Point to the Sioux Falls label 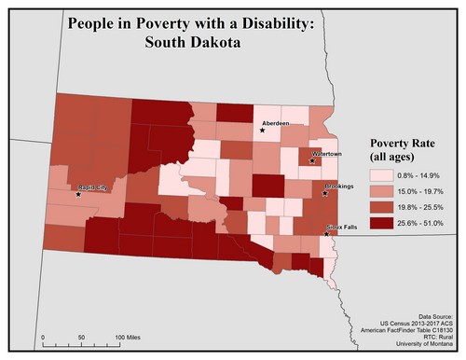[342, 227]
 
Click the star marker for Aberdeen [263, 130]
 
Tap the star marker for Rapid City [78, 195]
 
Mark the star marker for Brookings [325, 193]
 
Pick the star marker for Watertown [311, 160]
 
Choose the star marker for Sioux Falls [327, 233]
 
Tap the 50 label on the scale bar [81, 334]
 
